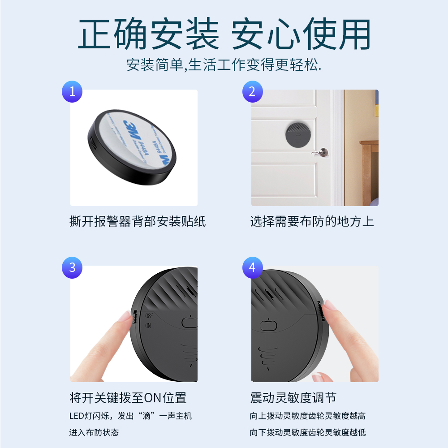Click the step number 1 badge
point(72,91)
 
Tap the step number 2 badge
point(252,91)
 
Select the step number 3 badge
point(72,268)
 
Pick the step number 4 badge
point(252,268)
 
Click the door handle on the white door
point(320,153)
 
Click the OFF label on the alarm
point(149,316)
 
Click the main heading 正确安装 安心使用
point(224,34)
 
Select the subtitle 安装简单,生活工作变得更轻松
point(224,65)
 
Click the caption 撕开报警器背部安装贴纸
point(138,221)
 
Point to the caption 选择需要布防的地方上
point(312,221)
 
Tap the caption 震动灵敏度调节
point(293,397)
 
